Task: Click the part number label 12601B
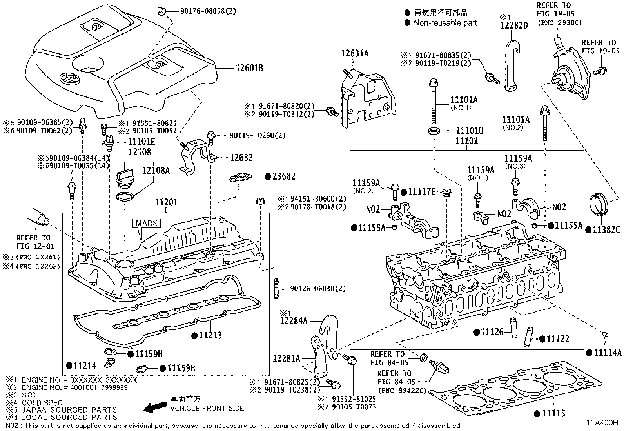click(x=249, y=68)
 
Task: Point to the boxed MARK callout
click(x=147, y=223)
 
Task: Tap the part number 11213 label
click(x=211, y=335)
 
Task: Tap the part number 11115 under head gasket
click(x=554, y=413)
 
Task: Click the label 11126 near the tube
click(x=492, y=332)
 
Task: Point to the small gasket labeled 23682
click(x=239, y=179)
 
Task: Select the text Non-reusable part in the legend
click(x=445, y=23)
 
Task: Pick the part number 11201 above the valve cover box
click(x=166, y=202)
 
